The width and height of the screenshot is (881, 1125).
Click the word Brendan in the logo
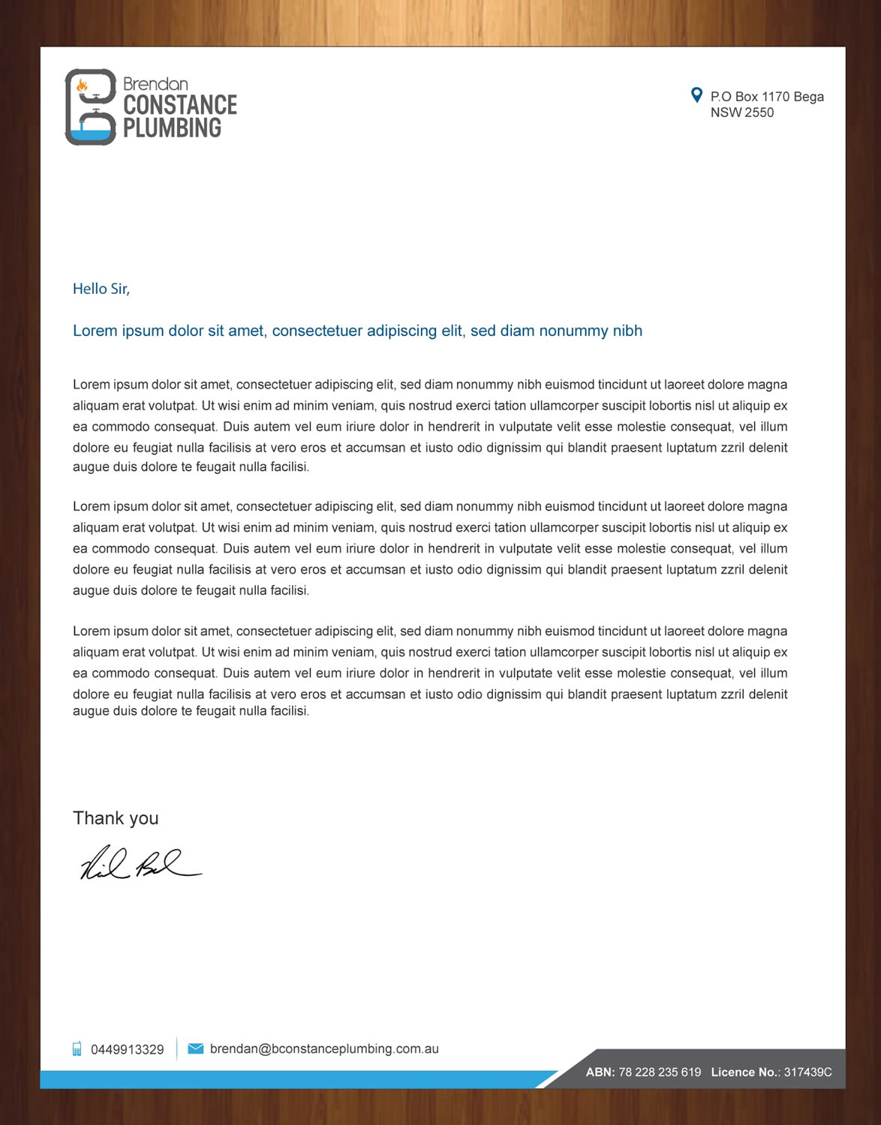[x=155, y=84]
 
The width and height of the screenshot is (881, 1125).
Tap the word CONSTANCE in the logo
[x=180, y=105]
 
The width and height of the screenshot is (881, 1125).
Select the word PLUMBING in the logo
[x=172, y=128]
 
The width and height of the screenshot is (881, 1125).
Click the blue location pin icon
[x=696, y=95]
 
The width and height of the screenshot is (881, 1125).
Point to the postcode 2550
[x=759, y=112]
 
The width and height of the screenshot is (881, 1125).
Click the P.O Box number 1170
[x=775, y=97]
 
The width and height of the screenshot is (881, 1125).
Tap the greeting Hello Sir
[x=101, y=289]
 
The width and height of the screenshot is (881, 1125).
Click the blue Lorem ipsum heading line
[x=357, y=331]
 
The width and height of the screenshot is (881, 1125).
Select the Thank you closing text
[x=116, y=818]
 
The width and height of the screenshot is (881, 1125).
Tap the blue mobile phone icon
[x=77, y=1048]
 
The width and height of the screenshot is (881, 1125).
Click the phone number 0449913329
[x=128, y=1049]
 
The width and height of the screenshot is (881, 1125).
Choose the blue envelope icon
[x=195, y=1048]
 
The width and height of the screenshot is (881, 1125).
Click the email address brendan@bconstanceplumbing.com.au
[x=324, y=1048]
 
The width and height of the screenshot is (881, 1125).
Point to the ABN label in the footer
[x=600, y=1072]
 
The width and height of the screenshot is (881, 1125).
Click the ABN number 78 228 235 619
[x=660, y=1072]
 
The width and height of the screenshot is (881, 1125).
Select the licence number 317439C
[x=807, y=1072]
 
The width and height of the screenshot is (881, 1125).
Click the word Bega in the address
[x=808, y=97]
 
